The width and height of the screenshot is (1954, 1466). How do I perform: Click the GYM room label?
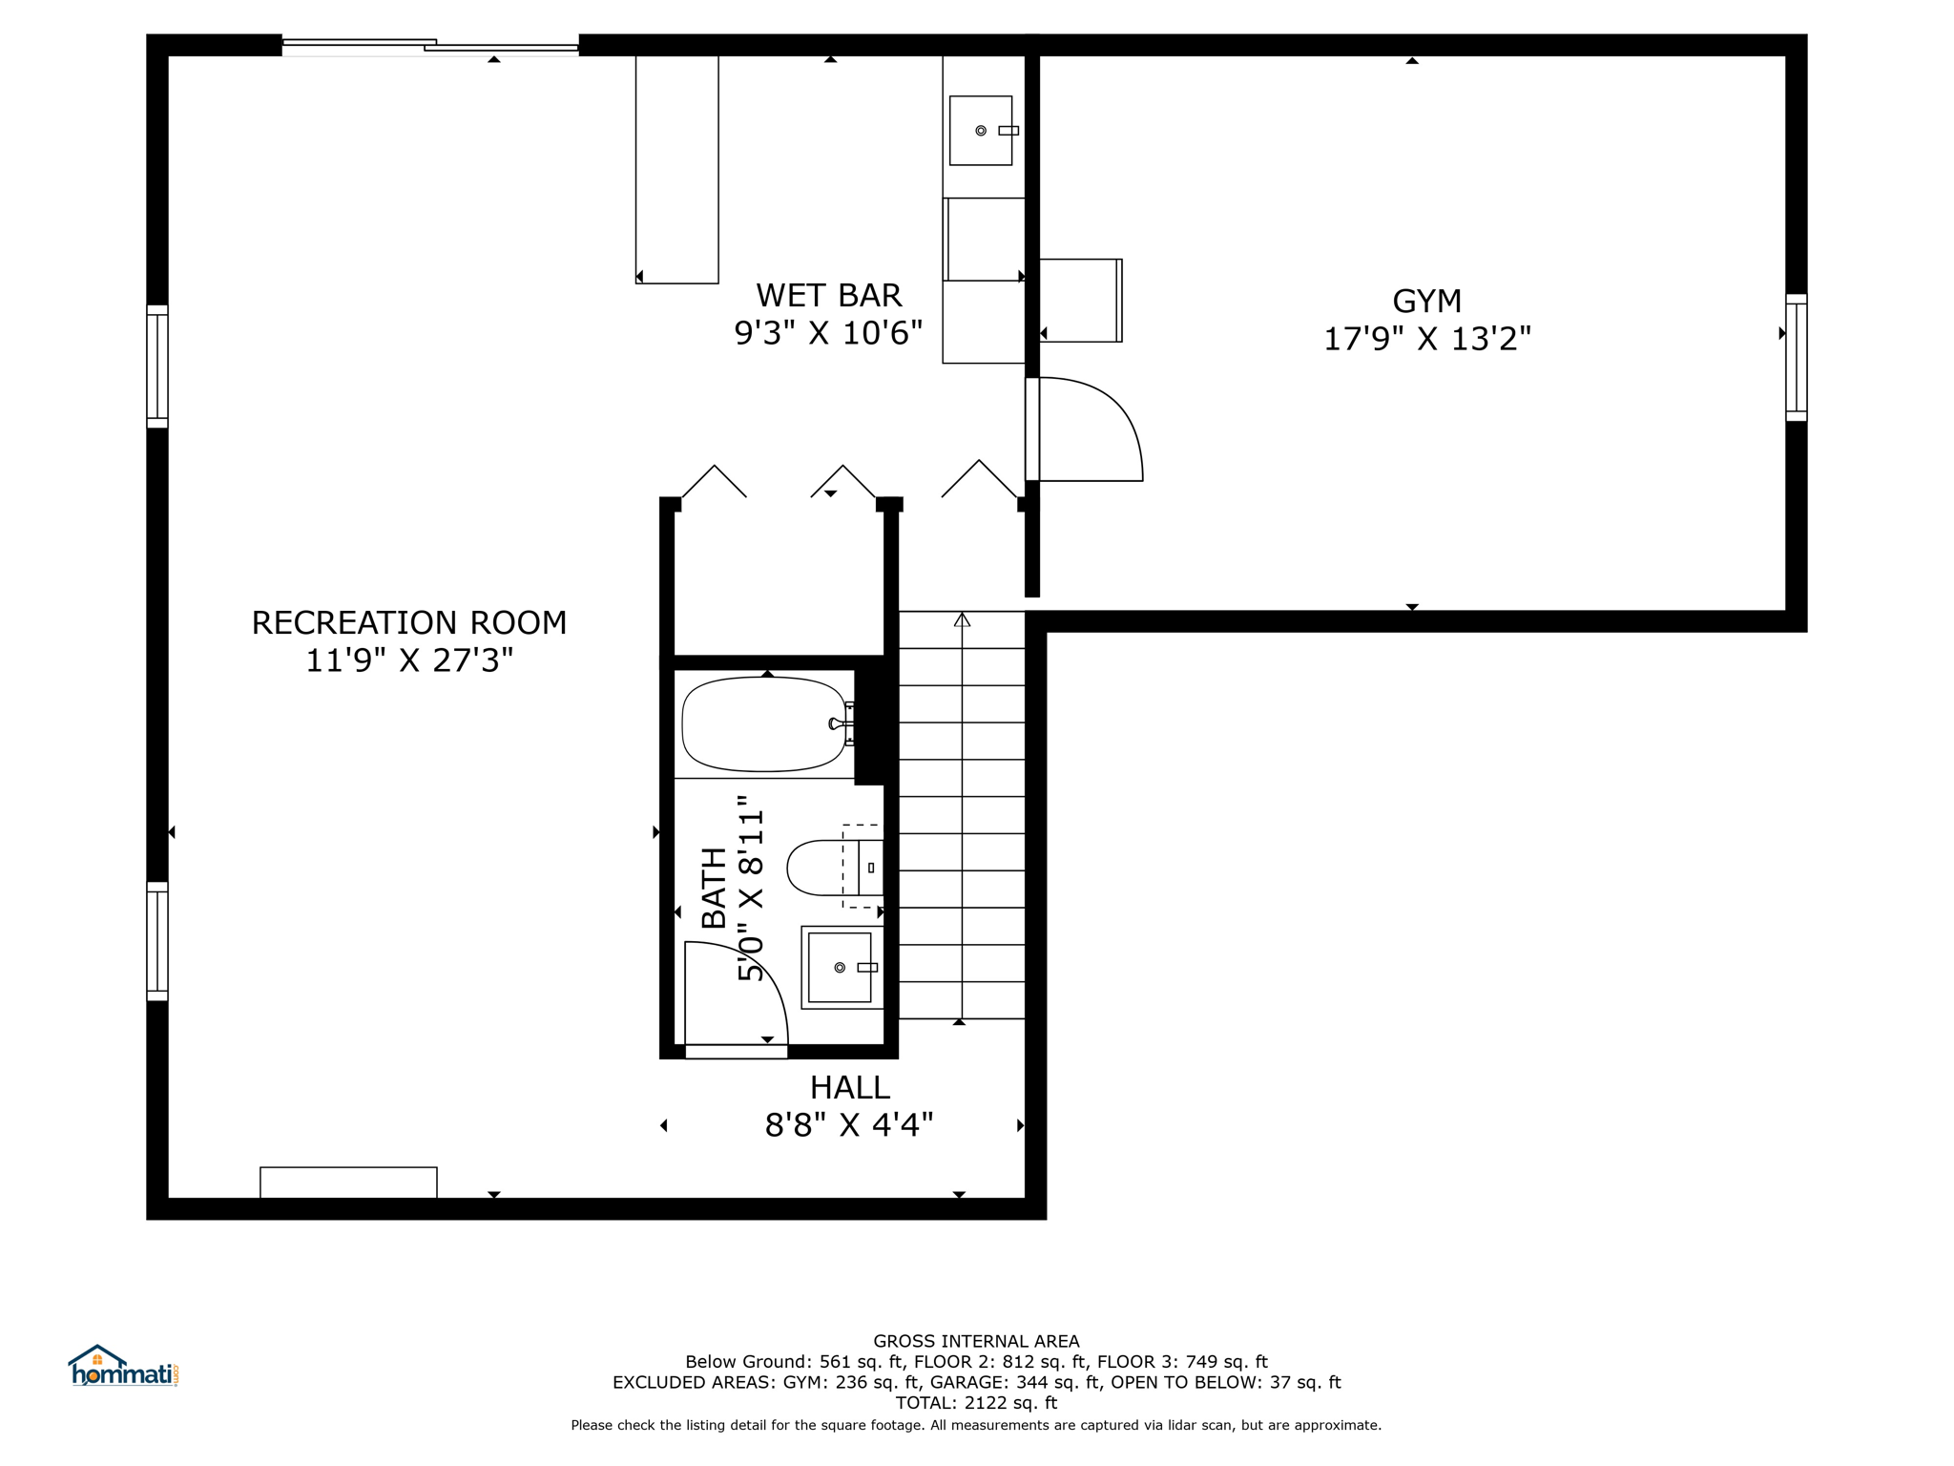coord(1426,302)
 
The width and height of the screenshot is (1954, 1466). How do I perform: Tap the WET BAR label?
coord(828,295)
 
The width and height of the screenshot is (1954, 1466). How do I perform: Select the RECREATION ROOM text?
coord(409,622)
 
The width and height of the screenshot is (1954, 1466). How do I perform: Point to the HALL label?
coord(849,1087)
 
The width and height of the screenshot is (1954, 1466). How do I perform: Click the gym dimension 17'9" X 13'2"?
coord(1426,339)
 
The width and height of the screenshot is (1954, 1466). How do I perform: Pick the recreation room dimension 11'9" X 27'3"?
coord(409,660)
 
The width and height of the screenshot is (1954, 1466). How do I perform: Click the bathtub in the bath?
coord(764,724)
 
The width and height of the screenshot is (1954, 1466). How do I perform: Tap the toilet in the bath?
coord(834,868)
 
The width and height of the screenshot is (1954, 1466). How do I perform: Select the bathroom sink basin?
coord(840,968)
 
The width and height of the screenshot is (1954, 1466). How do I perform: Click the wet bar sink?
coord(981,131)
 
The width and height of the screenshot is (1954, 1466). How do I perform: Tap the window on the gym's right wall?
coord(1796,358)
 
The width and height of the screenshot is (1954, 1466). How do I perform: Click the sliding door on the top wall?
coord(430,45)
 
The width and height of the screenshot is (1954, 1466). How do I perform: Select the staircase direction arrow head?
coord(962,619)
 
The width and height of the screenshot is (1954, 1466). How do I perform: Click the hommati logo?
coord(123,1366)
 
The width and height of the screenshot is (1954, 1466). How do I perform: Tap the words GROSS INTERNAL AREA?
coord(976,1341)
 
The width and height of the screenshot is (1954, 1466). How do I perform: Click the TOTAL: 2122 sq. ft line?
coord(976,1403)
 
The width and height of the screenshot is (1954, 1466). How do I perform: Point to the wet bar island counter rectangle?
coord(677,169)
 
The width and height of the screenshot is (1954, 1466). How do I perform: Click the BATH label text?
coord(714,888)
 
